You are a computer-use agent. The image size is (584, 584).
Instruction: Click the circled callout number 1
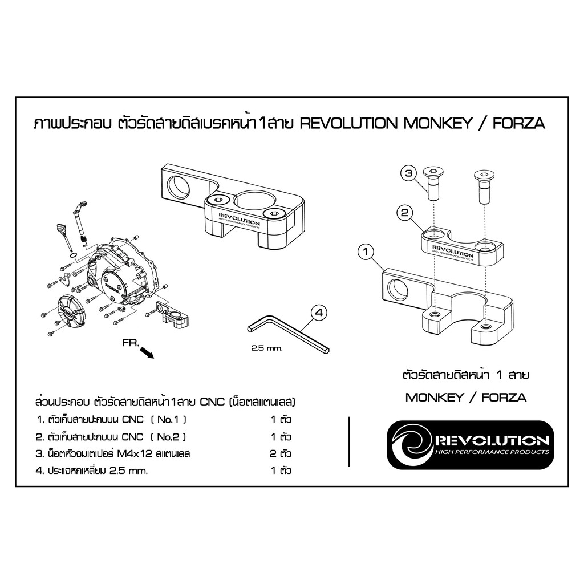366,252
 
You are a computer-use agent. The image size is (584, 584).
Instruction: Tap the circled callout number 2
405,213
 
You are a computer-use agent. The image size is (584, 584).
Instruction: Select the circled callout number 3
409,173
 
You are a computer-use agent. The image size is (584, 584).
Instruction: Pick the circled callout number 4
319,313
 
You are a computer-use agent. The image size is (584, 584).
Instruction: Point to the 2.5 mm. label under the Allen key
267,348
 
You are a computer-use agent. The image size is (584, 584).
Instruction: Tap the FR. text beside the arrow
131,343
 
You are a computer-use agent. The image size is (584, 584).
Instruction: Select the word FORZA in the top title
519,123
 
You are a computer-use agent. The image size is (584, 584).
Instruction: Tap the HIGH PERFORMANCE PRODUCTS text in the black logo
492,452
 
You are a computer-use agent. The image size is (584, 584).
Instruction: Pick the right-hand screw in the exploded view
484,186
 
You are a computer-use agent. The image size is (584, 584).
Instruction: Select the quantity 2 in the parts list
273,453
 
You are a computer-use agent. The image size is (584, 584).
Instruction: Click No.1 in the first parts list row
168,420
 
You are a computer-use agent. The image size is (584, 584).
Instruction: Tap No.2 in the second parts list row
168,437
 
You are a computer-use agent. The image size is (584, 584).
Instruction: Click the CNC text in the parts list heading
212,402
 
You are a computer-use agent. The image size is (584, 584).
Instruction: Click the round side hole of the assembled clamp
176,188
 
